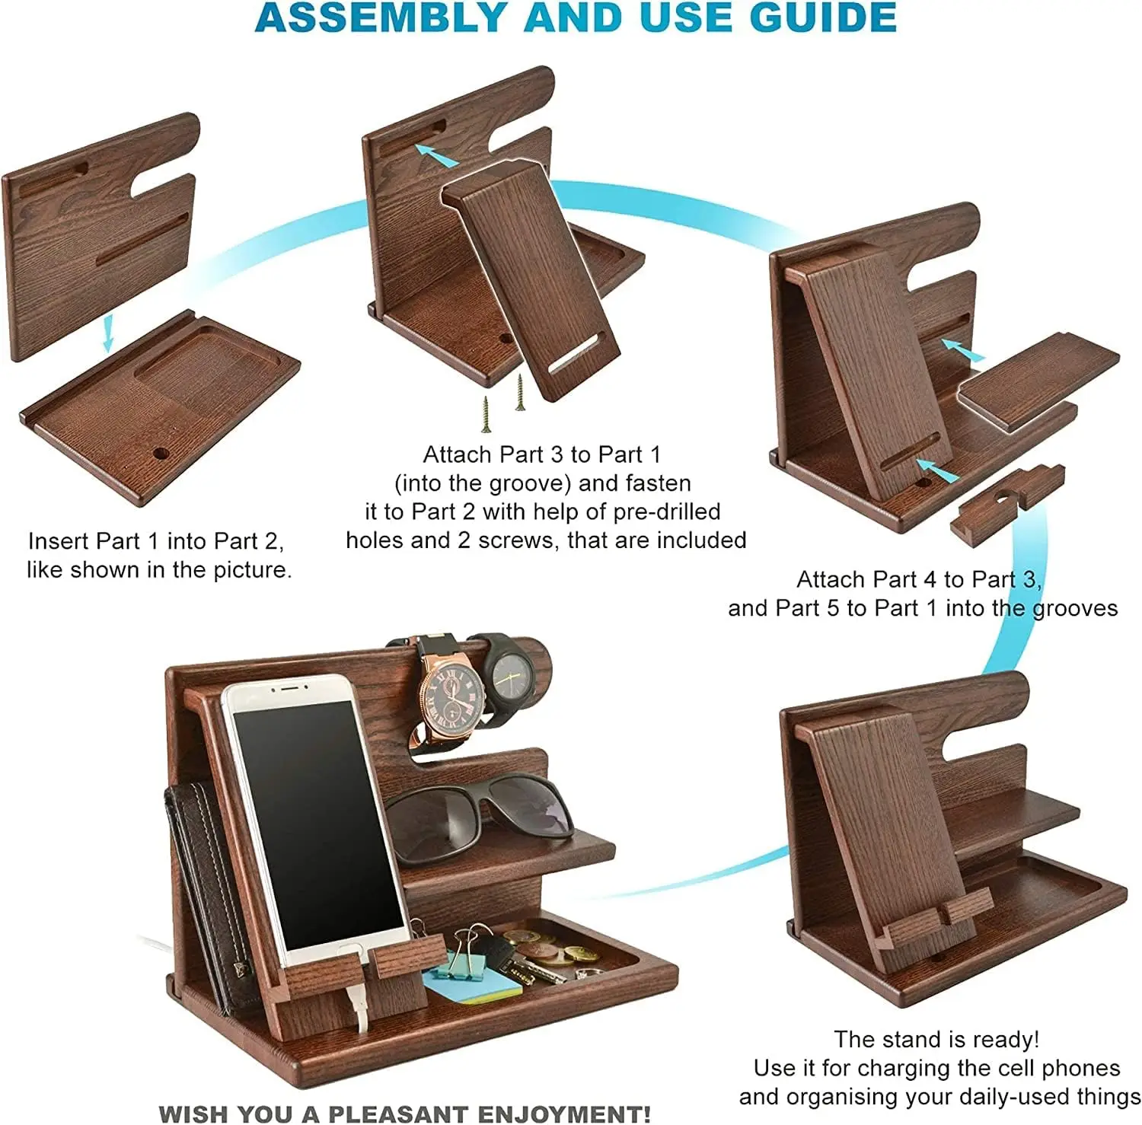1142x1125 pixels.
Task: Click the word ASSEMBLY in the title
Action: tap(381, 18)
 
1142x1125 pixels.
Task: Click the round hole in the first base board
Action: tap(161, 454)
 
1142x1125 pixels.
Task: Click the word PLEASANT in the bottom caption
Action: tap(404, 1114)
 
